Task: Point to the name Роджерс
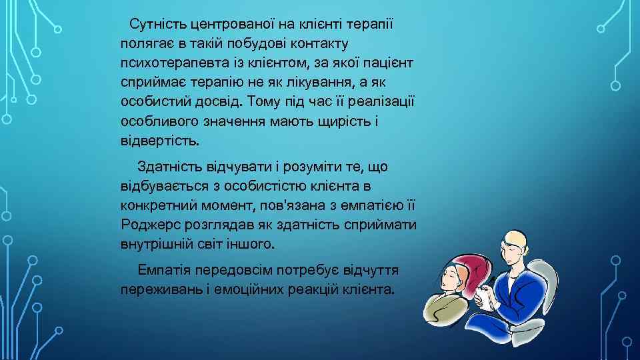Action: click(x=151, y=223)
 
